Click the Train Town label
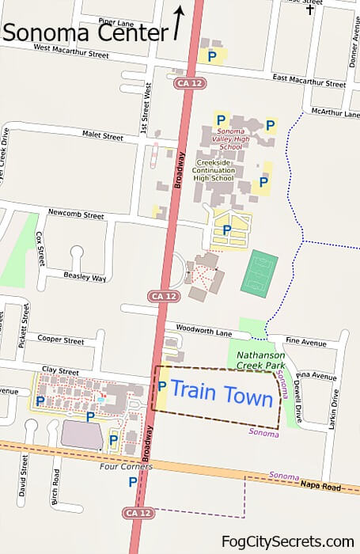point(222,393)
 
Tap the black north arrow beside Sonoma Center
point(180,24)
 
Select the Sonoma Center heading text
point(85,32)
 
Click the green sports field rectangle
point(258,274)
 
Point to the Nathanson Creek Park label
point(261,361)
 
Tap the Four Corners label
point(126,467)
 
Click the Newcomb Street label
point(76,214)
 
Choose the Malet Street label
point(103,136)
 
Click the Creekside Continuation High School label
point(214,169)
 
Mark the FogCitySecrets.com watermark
point(288,541)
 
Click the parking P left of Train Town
point(161,387)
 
